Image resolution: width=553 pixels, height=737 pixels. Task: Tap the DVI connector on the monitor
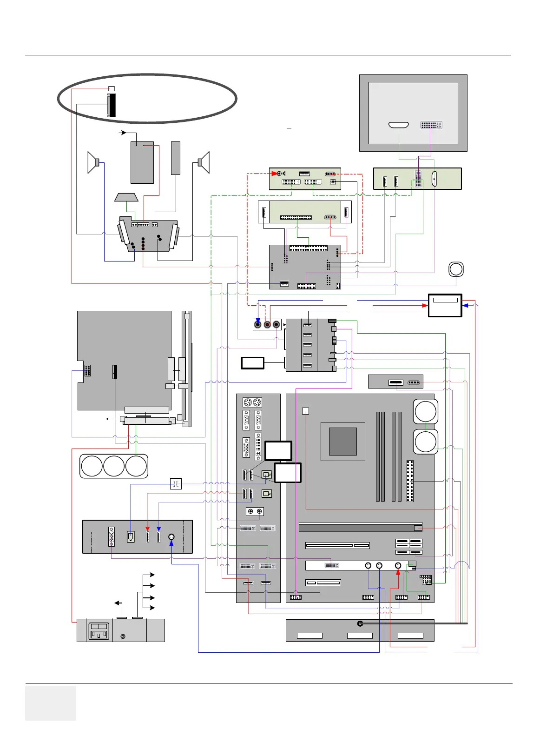pos(431,125)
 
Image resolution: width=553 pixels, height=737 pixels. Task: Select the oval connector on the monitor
pos(398,125)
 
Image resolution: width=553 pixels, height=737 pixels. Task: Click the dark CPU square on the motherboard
pos(342,441)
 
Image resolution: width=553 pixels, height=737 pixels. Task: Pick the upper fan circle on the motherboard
pos(425,411)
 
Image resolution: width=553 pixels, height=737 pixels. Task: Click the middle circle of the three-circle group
pos(114,466)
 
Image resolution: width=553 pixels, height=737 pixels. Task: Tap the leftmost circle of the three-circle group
pos(92,466)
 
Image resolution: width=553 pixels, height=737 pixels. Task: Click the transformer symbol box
pos(176,484)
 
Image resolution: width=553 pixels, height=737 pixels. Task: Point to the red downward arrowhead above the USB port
pos(148,529)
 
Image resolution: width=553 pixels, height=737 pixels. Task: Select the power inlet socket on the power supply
pos(99,631)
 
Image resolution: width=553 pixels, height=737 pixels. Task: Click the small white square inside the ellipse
pos(111,88)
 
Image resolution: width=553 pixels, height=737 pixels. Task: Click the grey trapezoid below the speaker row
pos(126,197)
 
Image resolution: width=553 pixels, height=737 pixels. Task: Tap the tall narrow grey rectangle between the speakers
pos(175,158)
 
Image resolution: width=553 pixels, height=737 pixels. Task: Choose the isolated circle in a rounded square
pos(456,269)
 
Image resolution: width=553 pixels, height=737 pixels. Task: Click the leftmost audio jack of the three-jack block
pos(258,324)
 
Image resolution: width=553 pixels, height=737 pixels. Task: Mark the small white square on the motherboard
pos(305,411)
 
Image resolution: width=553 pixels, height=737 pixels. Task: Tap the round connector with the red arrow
pos(398,565)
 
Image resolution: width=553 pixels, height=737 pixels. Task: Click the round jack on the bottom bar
pos(360,623)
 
